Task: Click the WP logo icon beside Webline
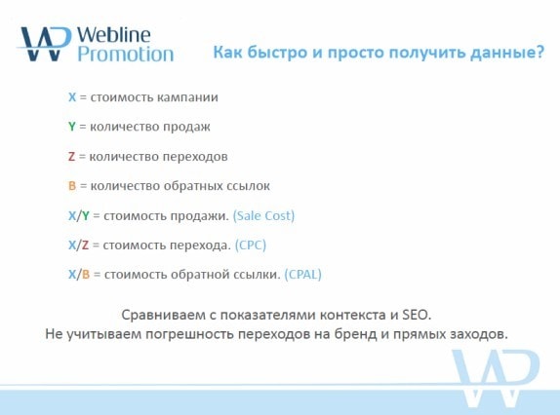coord(44,44)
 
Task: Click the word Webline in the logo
coord(113,35)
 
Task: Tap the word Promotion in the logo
coord(126,55)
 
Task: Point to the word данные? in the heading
coord(507,53)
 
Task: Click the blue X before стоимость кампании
coord(72,97)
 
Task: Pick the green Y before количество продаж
coord(72,127)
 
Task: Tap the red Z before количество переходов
coord(72,157)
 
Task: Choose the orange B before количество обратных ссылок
coord(72,186)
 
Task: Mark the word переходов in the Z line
coord(195,157)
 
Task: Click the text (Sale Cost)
coord(263,216)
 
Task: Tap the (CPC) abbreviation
coord(251,245)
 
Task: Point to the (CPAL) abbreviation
coord(302,275)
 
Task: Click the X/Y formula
coord(79,215)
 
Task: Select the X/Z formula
coord(78,245)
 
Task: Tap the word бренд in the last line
coord(355,334)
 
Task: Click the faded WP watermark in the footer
coord(497,378)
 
